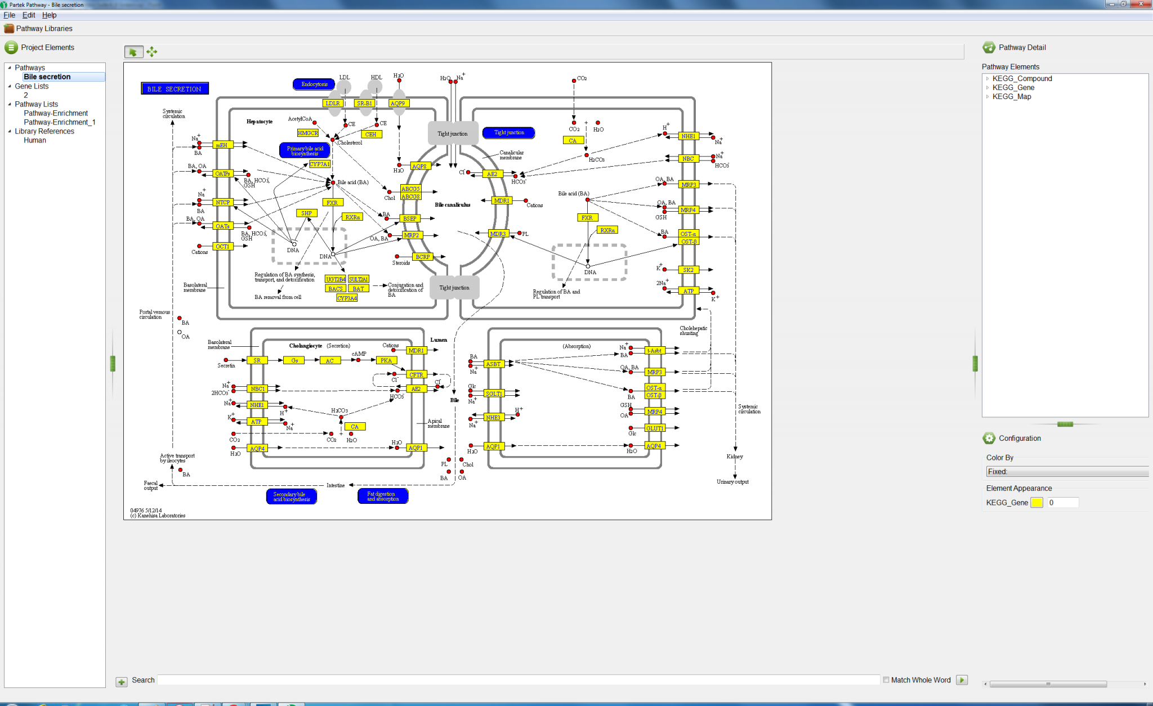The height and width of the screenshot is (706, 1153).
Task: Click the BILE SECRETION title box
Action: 175,89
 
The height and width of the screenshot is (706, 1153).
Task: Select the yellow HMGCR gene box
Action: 308,133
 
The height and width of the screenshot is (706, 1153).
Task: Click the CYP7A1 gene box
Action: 320,164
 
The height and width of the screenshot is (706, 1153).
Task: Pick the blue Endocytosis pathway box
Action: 314,84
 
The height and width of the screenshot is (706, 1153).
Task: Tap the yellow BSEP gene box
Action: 410,218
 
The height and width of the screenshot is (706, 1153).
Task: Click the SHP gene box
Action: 306,213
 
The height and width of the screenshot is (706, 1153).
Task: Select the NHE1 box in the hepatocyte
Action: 688,136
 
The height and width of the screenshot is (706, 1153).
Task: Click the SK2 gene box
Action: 688,270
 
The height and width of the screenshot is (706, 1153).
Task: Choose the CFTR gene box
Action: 416,375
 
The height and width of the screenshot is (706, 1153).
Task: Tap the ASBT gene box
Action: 493,364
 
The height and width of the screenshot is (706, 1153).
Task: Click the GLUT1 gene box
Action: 654,428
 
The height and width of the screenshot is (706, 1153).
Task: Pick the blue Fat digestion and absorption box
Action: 383,496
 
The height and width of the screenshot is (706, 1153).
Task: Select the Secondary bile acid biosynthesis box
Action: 291,497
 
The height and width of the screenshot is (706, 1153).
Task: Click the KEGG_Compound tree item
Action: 1022,79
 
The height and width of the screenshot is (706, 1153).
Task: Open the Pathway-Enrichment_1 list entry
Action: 60,122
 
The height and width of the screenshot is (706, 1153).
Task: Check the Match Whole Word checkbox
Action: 886,680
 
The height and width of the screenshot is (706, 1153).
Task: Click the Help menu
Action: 49,15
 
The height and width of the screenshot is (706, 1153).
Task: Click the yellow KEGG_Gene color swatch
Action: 1036,503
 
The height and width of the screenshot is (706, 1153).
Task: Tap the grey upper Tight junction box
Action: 453,134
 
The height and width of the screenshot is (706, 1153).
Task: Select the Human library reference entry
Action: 35,140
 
